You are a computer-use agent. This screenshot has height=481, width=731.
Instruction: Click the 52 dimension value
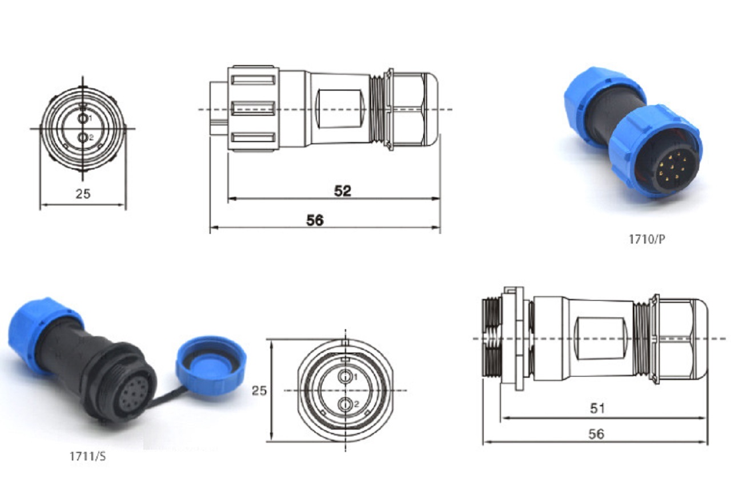342,191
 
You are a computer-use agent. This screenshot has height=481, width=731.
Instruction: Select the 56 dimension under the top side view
315,220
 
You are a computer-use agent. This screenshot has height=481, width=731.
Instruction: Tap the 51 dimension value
597,409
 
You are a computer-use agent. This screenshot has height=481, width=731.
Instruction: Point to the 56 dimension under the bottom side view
596,434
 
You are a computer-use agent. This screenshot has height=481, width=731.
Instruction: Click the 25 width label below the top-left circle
83,193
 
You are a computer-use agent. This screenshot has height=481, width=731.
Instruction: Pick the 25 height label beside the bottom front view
259,390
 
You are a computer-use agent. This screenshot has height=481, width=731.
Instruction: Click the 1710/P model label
646,239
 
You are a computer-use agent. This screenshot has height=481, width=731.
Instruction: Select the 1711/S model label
88,456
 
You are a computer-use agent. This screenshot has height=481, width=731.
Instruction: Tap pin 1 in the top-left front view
83,118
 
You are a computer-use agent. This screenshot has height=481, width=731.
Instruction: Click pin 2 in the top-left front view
83,138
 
